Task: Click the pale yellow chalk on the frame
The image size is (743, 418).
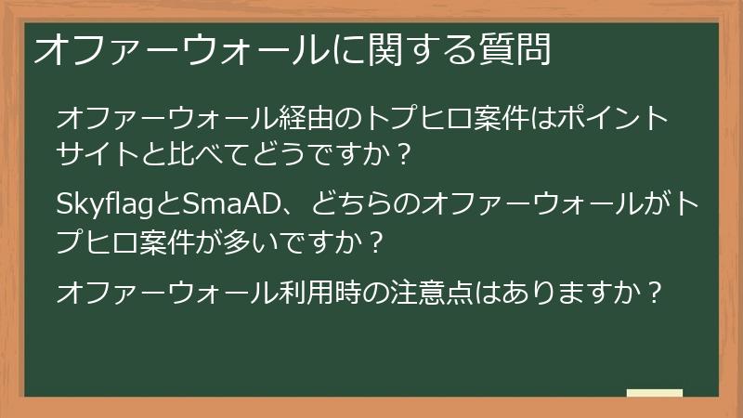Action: (x=654, y=393)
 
